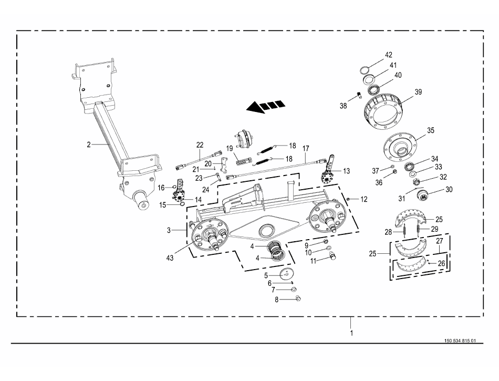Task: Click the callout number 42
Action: pyautogui.click(x=389, y=55)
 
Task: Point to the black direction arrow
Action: pyautogui.click(x=266, y=106)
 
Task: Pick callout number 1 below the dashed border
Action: pyautogui.click(x=352, y=332)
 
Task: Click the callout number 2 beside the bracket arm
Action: pyautogui.click(x=89, y=143)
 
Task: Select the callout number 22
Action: pyautogui.click(x=200, y=145)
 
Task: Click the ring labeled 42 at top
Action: pyautogui.click(x=366, y=69)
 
